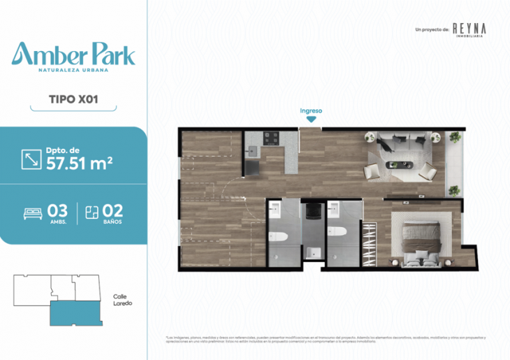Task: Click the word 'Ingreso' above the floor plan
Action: click(x=311, y=110)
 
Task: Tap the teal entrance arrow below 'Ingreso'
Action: click(x=311, y=120)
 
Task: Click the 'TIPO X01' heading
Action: click(x=73, y=99)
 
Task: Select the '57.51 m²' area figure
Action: click(x=79, y=163)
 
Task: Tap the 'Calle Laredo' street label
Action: click(x=122, y=300)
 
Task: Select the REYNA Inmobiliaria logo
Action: click(x=469, y=29)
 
